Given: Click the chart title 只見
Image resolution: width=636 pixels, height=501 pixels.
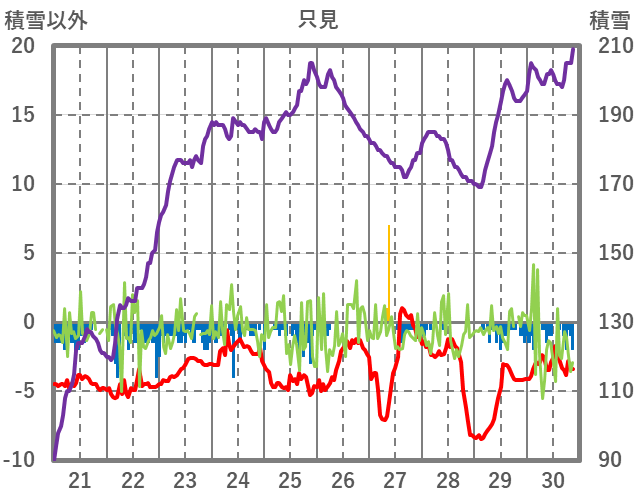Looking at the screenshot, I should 318,19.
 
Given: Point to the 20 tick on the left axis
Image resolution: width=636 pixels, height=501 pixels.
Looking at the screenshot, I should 23,46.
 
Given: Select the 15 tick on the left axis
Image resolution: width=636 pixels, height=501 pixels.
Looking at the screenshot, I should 23,115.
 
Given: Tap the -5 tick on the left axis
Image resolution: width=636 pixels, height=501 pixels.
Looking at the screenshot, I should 23,391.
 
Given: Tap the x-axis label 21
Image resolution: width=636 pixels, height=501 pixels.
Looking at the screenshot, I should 80,479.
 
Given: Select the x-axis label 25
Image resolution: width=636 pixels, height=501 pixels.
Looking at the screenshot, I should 290,479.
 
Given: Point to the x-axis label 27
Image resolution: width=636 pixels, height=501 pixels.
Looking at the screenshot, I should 395,479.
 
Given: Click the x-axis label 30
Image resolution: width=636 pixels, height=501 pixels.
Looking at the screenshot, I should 552,479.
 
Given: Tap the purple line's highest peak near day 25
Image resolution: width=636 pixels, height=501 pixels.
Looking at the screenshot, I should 311,63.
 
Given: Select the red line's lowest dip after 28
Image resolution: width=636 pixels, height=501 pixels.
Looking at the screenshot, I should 480,438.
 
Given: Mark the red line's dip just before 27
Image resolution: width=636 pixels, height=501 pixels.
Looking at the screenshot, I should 385,418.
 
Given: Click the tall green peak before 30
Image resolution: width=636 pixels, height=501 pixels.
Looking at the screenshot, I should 534,266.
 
